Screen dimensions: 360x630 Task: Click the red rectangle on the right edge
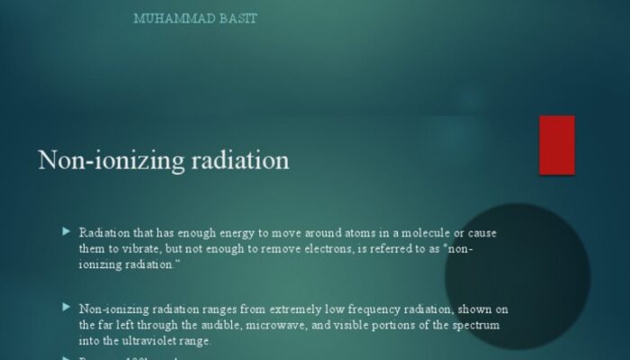[x=556, y=145]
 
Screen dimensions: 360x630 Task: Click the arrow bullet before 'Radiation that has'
[x=66, y=231]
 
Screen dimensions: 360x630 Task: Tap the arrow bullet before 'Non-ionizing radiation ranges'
[x=66, y=307]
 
